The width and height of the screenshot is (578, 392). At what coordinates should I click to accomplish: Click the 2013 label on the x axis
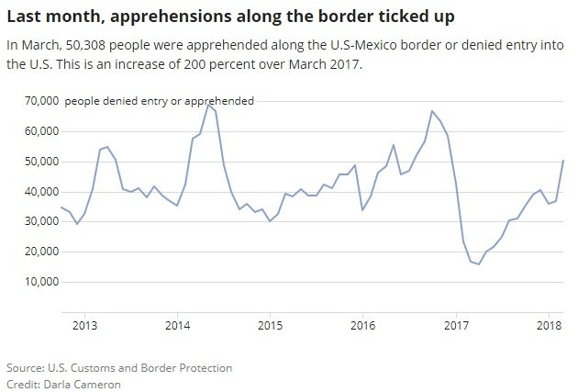point(84,325)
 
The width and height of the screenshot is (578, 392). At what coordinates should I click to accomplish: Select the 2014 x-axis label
point(177,325)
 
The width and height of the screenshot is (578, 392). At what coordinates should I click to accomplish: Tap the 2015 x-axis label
point(270,325)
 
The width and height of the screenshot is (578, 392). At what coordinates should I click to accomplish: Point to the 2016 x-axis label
point(362,325)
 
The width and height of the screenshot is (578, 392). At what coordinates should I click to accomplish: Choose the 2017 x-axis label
point(456,325)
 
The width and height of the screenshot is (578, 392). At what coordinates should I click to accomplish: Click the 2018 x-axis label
point(549,325)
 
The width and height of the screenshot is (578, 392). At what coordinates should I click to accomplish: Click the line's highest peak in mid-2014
point(208,105)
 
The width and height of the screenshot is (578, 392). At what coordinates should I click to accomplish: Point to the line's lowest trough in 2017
point(479,264)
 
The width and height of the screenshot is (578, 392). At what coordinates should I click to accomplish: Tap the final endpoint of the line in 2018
point(563,161)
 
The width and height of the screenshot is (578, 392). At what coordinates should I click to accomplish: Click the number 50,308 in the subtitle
point(86,44)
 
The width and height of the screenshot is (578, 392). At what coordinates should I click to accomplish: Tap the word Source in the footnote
point(26,367)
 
